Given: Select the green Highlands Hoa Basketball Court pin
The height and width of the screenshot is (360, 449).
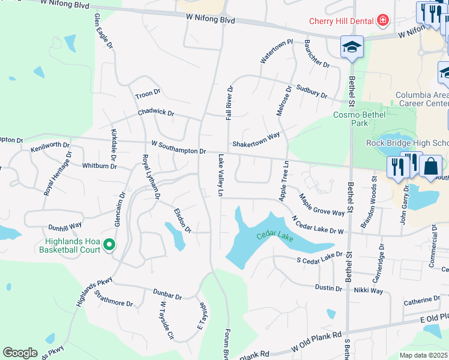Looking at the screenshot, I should click(109, 245).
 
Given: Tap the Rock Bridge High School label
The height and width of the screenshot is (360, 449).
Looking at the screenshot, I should click(408, 143).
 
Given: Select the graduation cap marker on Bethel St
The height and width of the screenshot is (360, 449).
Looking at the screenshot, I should click(352, 47).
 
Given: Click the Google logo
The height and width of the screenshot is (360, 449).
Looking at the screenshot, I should click(20, 353).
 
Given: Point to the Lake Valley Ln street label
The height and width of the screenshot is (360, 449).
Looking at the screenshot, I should click(220, 176).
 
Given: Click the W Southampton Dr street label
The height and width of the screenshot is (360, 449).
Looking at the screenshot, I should click(179, 148).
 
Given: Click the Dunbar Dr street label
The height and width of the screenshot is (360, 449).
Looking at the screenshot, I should click(167, 295).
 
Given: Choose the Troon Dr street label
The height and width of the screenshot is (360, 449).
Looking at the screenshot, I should click(148, 94).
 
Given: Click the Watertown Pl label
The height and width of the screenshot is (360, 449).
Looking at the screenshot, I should click(276, 52).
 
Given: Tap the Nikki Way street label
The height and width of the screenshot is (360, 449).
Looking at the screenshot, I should click(369, 290).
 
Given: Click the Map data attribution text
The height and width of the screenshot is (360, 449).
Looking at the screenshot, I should click(423, 355).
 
